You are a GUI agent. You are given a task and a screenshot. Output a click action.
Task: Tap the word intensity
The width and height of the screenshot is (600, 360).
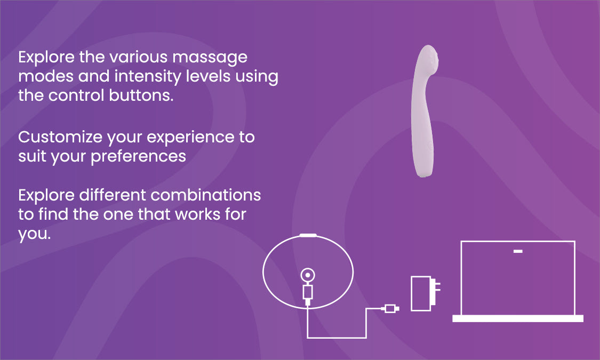(148, 77)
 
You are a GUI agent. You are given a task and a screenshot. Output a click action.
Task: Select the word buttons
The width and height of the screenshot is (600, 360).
(141, 95)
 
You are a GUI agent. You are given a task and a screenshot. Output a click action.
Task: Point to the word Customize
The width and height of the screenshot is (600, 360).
(60, 137)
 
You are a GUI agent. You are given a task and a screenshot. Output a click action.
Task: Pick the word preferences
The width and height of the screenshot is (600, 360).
(139, 156)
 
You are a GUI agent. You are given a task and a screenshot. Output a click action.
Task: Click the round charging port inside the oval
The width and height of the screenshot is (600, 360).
(308, 275)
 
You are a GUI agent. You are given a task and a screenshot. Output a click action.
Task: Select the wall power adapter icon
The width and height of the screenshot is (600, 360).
(425, 293)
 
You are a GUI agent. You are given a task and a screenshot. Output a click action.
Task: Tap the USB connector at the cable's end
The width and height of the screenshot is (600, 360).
(390, 308)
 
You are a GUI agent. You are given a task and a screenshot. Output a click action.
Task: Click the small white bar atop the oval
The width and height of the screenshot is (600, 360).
(308, 235)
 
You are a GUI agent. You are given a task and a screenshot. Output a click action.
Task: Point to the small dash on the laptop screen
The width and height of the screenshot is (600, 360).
(518, 251)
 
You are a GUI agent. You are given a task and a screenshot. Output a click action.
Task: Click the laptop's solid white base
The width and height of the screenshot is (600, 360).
(518, 318)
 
